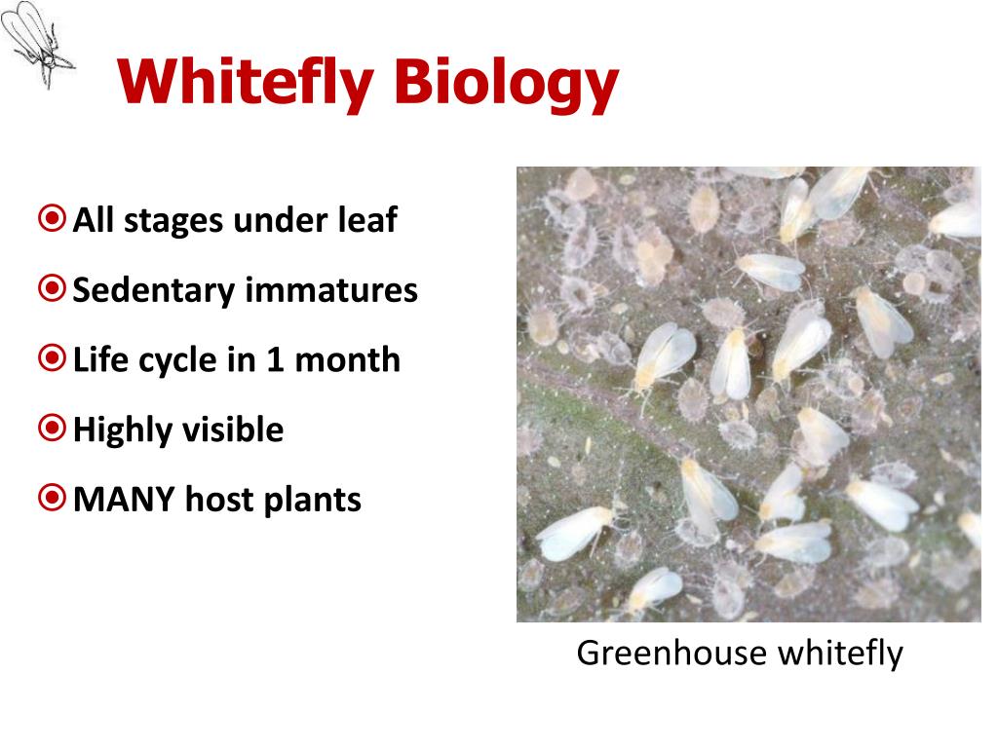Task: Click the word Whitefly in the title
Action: [x=245, y=84]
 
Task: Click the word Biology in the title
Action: [x=506, y=84]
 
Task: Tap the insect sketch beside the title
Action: [x=36, y=43]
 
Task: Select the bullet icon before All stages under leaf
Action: [x=52, y=218]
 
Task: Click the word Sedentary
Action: [x=154, y=290]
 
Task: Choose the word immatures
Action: [x=331, y=289]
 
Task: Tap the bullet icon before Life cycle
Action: [x=52, y=358]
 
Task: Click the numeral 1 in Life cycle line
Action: [x=275, y=359]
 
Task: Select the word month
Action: [x=348, y=359]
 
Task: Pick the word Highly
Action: [x=121, y=430]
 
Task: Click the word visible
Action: [x=231, y=429]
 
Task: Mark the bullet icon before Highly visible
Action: [x=52, y=429]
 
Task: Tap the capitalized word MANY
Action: [x=124, y=500]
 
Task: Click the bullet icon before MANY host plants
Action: [x=52, y=498]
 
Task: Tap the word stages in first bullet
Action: [x=173, y=221]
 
